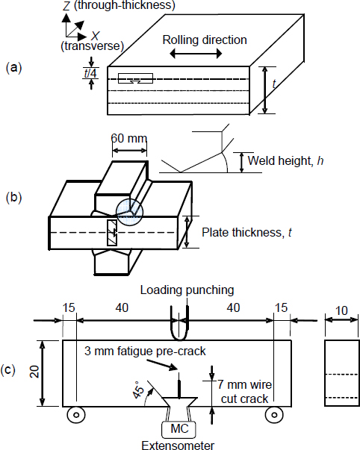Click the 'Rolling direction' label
tap(204, 40)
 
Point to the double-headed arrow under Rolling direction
tap(188, 55)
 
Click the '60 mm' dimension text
tap(128, 139)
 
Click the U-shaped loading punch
tap(179, 327)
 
